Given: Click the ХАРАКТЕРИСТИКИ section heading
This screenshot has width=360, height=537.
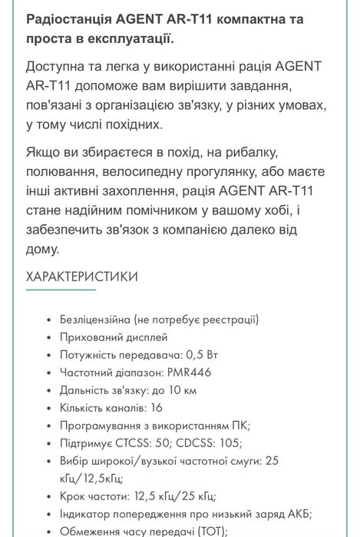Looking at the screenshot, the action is [82, 277].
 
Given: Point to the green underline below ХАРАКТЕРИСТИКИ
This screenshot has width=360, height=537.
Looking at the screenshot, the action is [61, 290].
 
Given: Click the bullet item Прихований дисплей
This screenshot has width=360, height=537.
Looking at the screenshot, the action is [113, 337].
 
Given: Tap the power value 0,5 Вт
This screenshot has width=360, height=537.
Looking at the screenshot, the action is [202, 355].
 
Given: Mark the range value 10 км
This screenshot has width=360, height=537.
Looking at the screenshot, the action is [182, 390].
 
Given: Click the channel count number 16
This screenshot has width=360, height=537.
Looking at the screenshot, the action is [157, 408].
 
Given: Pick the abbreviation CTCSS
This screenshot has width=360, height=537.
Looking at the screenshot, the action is [132, 443].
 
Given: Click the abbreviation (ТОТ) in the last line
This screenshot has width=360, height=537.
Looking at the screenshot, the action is [207, 531].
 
